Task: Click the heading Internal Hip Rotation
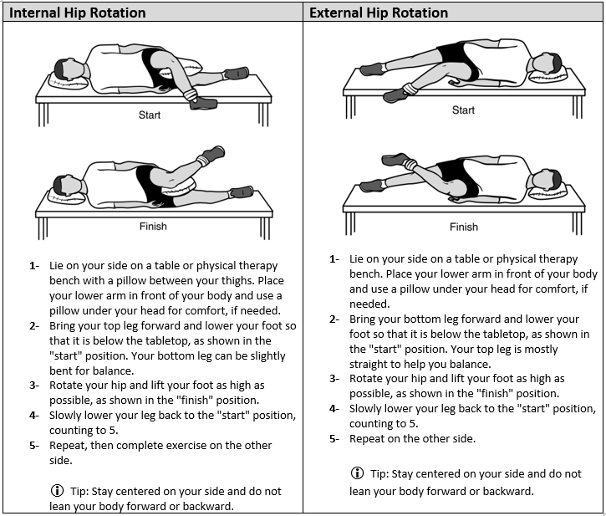click(x=77, y=13)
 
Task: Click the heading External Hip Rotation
click(x=379, y=13)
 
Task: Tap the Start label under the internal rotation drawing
click(x=150, y=115)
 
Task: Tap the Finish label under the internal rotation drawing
click(x=152, y=226)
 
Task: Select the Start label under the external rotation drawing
click(x=463, y=110)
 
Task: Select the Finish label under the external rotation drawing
click(x=464, y=227)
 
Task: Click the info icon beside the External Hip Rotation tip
click(x=358, y=473)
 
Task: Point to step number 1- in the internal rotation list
click(x=34, y=266)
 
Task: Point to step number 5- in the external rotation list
click(x=334, y=438)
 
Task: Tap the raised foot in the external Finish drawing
click(x=394, y=158)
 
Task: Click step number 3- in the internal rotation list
click(x=34, y=385)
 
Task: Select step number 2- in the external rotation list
click(x=334, y=319)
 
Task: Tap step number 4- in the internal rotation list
click(x=34, y=415)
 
